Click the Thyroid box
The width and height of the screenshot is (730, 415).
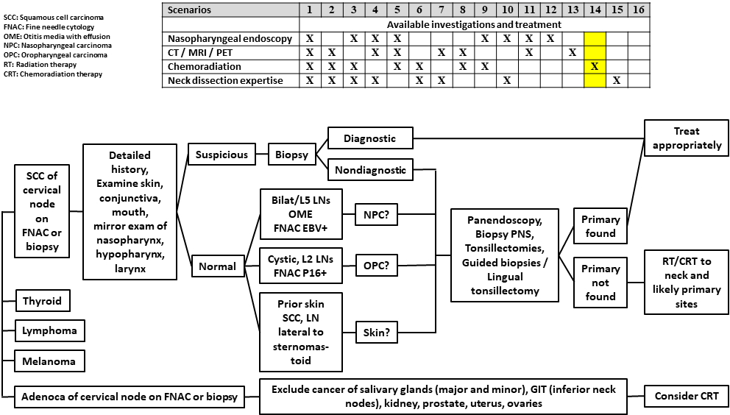point(42,301)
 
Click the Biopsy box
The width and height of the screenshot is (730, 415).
point(291,155)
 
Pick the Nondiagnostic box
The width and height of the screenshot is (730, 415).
point(370,170)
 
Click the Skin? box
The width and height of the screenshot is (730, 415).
point(376,333)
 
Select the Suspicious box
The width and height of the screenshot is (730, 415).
point(222,155)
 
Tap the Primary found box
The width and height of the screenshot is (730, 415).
point(600,227)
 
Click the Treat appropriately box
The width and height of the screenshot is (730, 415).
point(687,138)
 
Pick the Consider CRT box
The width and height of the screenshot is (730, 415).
point(687,397)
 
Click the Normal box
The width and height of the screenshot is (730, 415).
point(217,266)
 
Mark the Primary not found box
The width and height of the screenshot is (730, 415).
point(600,283)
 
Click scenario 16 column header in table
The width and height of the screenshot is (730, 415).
point(639,10)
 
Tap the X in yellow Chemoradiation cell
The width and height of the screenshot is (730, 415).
point(595,66)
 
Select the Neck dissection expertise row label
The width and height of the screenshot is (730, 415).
point(225,80)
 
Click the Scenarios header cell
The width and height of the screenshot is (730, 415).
point(189,10)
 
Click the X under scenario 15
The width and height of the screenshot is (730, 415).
point(617,80)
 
